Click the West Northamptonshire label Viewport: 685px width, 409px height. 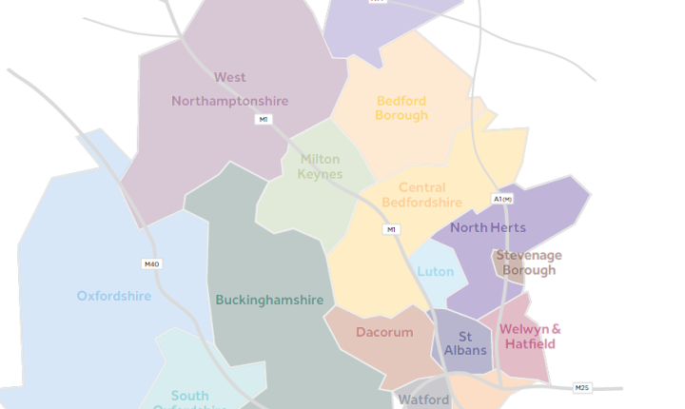pyautogui.click(x=229, y=89)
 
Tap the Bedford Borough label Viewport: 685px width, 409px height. pyautogui.click(x=401, y=108)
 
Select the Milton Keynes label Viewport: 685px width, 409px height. pyautogui.click(x=320, y=166)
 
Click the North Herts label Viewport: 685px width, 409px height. pyautogui.click(x=488, y=228)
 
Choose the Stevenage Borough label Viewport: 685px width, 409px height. pyautogui.click(x=529, y=263)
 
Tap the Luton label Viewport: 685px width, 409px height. pyautogui.click(x=436, y=272)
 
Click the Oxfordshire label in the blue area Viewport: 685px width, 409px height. pyautogui.click(x=114, y=296)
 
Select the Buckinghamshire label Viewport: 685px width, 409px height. pyautogui.click(x=269, y=301)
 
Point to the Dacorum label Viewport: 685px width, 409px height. pyautogui.click(x=384, y=333)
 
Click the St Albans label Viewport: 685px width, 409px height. pyautogui.click(x=465, y=343)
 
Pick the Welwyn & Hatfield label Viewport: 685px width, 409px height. pyautogui.click(x=530, y=337)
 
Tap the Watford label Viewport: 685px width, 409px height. pyautogui.click(x=423, y=399)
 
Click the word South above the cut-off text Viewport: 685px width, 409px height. pyautogui.click(x=190, y=396)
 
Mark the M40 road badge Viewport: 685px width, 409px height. pyautogui.click(x=151, y=264)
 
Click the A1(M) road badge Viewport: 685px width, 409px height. pyautogui.click(x=502, y=199)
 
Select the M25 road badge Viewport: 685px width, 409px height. pyautogui.click(x=582, y=388)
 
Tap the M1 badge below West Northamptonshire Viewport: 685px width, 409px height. pyautogui.click(x=263, y=120)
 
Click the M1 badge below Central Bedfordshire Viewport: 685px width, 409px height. pyautogui.click(x=392, y=230)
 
